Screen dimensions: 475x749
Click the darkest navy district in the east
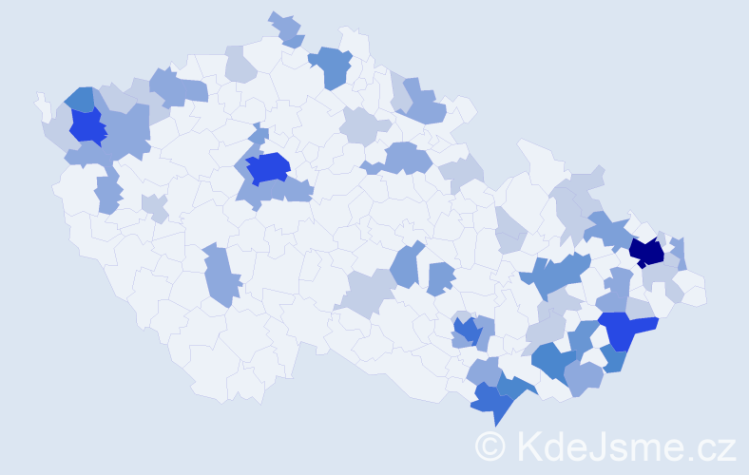(x=647, y=252)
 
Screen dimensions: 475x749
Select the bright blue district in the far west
(x=87, y=125)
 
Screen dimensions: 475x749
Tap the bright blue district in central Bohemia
(x=267, y=167)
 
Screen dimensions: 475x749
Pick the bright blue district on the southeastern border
(x=624, y=330)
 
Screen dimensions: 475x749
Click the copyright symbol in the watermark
(x=491, y=445)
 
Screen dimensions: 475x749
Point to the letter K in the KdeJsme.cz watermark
(x=528, y=445)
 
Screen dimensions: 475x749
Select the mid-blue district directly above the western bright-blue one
(x=80, y=98)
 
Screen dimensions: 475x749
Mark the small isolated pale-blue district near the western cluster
(x=154, y=206)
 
